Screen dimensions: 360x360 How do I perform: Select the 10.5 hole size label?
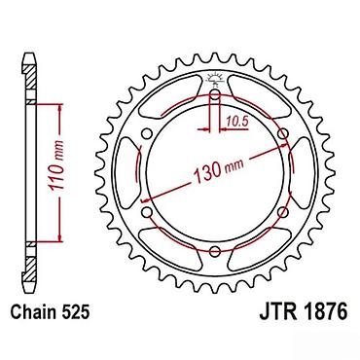[x=237, y=122]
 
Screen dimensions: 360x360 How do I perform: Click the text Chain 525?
[x=50, y=312]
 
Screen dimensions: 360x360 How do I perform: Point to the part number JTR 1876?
[x=304, y=312]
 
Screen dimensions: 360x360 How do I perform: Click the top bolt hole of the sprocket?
[x=215, y=94]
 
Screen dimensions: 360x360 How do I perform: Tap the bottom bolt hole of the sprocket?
[x=215, y=251]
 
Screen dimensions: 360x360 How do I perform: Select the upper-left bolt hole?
[x=147, y=133]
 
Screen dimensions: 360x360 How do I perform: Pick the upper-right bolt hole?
[x=283, y=133]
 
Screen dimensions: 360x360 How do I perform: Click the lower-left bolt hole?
[x=147, y=212]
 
